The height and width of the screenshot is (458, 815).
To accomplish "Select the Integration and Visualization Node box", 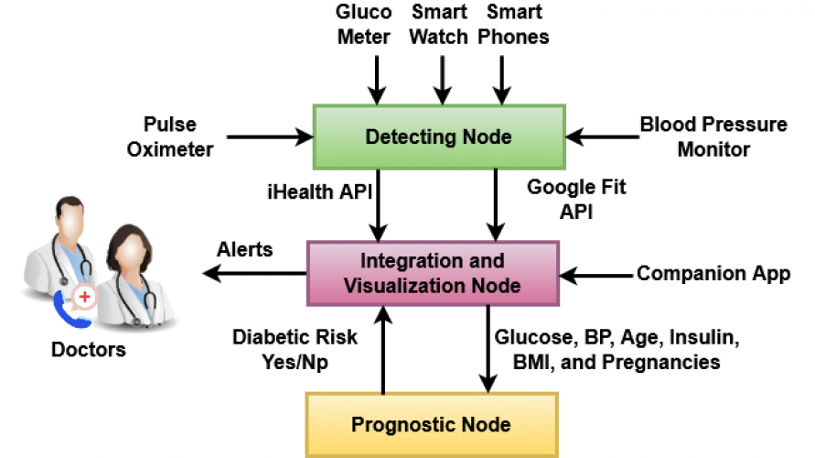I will [x=432, y=272].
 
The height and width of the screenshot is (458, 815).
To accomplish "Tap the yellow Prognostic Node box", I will [x=431, y=425].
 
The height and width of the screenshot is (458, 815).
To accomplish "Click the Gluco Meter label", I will [x=364, y=25].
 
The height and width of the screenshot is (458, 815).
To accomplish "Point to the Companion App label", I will [x=713, y=273].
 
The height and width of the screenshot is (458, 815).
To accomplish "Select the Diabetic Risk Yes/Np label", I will [x=295, y=349].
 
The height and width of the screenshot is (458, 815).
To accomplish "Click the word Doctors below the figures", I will [x=89, y=350].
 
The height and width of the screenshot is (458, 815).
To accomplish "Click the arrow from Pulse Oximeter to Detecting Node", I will [x=269, y=137].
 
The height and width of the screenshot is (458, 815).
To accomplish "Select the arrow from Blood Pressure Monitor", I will [x=603, y=137].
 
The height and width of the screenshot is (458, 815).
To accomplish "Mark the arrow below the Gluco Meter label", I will [x=375, y=78].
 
